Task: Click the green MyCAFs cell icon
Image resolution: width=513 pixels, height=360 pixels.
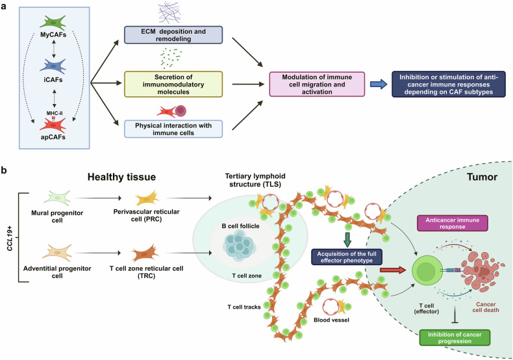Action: [53, 23]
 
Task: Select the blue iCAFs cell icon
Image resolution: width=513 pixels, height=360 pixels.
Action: [53, 66]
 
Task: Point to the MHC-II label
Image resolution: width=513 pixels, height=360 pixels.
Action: [55, 113]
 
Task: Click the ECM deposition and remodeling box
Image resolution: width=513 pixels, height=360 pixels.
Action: [173, 35]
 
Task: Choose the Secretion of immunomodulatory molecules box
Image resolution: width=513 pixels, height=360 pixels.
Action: [173, 84]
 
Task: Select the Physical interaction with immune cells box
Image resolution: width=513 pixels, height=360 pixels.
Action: [173, 129]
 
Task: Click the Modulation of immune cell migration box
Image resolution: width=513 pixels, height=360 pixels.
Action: [317, 84]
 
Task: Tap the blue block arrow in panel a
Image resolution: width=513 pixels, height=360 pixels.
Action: [379, 84]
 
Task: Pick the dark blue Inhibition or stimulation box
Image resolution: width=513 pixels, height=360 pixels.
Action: [449, 84]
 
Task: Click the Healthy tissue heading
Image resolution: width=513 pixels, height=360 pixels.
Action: [121, 177]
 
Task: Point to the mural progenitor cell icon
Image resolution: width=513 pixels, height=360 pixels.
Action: [57, 198]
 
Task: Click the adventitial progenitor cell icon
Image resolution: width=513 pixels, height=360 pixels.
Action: [57, 253]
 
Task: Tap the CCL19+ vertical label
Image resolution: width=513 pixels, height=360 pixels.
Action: [10, 238]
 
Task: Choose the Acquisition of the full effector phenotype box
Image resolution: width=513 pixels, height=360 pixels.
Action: [347, 257]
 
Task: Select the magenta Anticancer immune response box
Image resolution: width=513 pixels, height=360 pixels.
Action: [452, 223]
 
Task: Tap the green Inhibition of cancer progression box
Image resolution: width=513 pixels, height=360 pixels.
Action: [455, 338]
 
